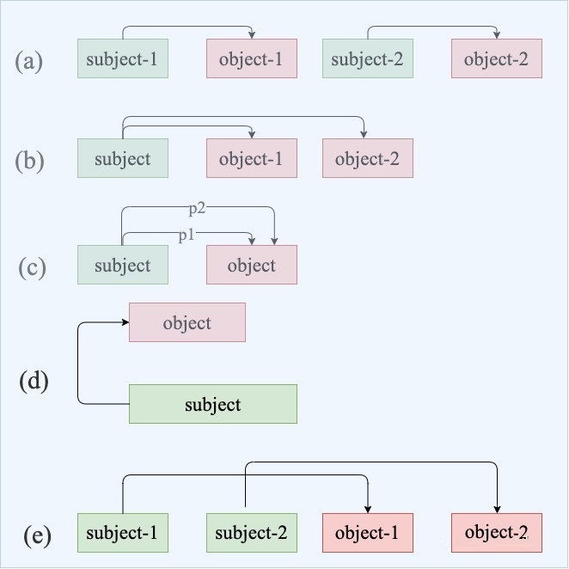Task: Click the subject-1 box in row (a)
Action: point(123,58)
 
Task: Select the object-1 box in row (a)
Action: point(252,58)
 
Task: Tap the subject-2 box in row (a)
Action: point(368,58)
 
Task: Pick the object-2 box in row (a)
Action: point(497,58)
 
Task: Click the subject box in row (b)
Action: point(123,158)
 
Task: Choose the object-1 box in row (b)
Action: point(252,158)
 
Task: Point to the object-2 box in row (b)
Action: point(368,158)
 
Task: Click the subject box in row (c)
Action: point(123,265)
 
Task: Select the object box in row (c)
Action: point(252,265)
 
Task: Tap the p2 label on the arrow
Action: point(197,209)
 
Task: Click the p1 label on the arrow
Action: point(187,236)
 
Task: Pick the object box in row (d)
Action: point(187,322)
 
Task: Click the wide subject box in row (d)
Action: point(213,404)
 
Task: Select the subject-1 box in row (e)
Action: point(123,533)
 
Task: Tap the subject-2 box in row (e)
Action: point(252,533)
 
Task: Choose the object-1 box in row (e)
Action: point(368,533)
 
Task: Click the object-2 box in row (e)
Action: point(497,533)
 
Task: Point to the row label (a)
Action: point(28,61)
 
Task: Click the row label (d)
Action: point(34,381)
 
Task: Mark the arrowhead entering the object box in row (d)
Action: point(125,322)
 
